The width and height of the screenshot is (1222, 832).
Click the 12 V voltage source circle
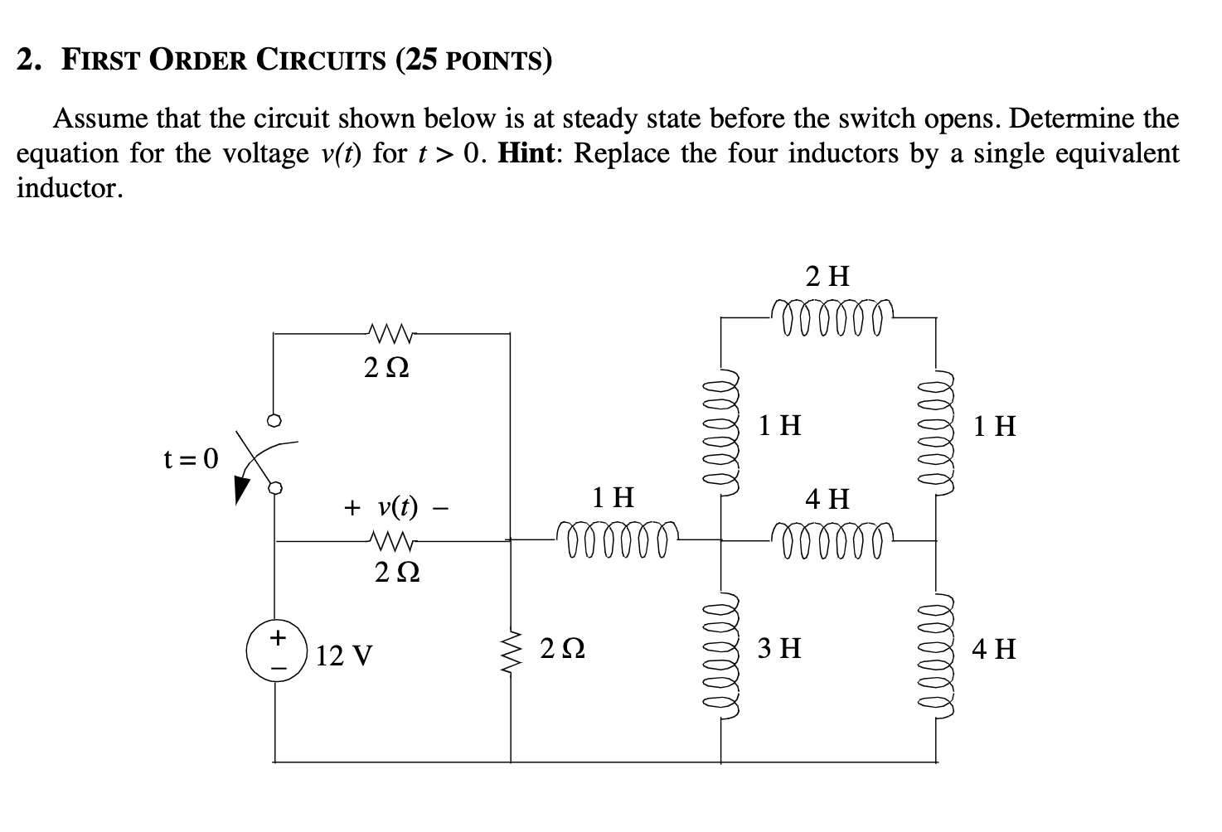click(277, 651)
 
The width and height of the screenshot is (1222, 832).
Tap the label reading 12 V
click(344, 656)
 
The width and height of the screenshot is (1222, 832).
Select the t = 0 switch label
click(191, 457)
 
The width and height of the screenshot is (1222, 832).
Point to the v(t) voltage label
click(397, 506)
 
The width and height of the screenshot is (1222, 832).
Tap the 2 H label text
click(828, 276)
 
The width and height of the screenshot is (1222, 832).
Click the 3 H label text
click(779, 647)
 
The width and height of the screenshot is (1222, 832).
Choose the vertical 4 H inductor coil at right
click(936, 651)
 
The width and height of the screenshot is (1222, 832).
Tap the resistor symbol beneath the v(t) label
click(394, 541)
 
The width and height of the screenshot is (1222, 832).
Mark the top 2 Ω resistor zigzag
click(390, 334)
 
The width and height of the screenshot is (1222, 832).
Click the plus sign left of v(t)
click(352, 506)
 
